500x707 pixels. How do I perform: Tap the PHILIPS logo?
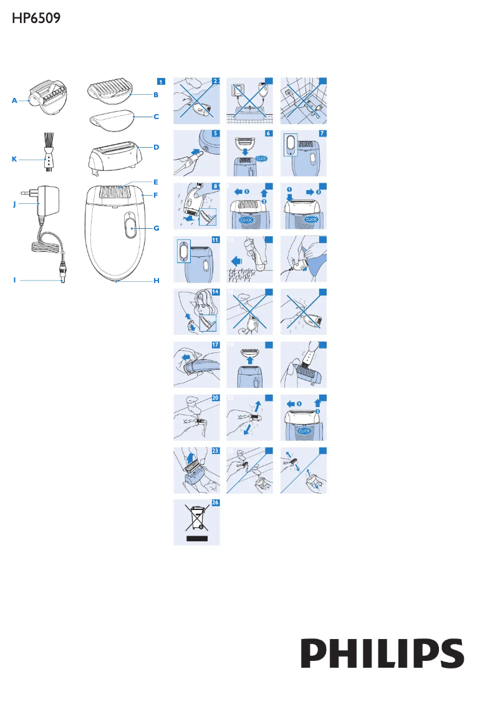[x=383, y=653]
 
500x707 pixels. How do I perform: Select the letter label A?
[x=14, y=100]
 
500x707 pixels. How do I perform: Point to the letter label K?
[x=14, y=159]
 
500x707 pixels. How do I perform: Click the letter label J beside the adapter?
[x=14, y=203]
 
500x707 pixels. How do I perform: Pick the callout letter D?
[x=156, y=147]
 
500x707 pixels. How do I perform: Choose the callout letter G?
[x=156, y=228]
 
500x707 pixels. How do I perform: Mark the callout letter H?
[x=156, y=281]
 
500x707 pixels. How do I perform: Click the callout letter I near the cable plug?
[x=14, y=281]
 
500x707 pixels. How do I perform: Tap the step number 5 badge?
[x=216, y=133]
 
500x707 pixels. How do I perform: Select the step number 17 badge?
[x=216, y=345]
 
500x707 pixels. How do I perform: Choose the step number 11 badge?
[x=216, y=239]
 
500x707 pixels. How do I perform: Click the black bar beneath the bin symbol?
[x=196, y=538]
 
